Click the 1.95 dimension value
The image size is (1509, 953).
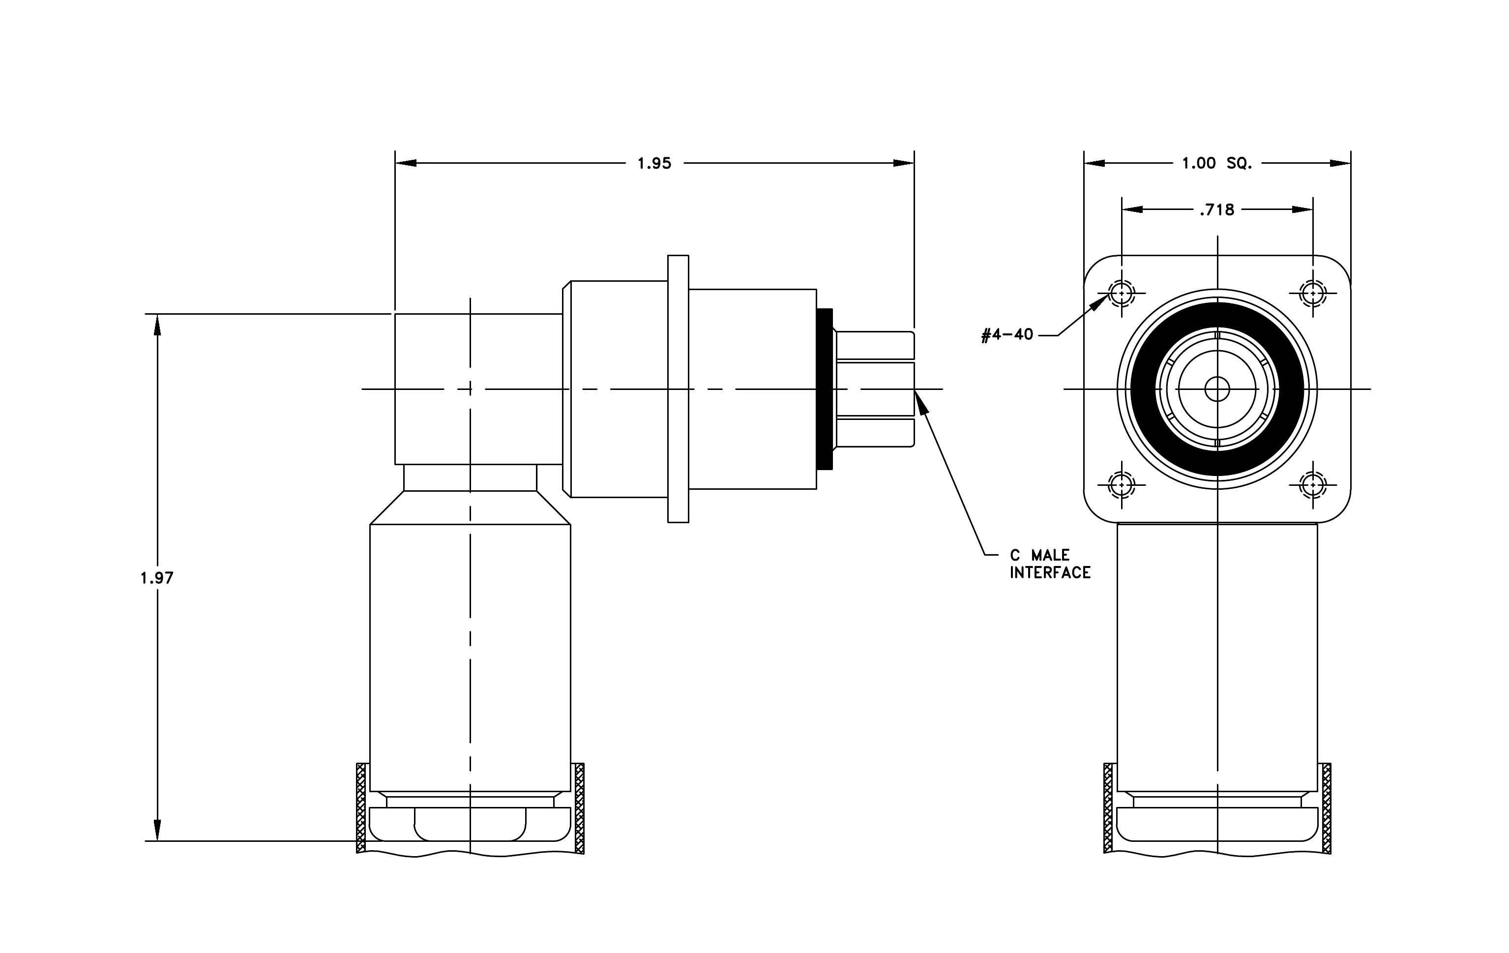(x=654, y=164)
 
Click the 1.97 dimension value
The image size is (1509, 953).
(x=157, y=578)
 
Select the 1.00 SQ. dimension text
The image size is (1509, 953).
(x=1217, y=164)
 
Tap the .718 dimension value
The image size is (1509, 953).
(x=1217, y=210)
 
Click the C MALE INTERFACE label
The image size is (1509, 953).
(x=1050, y=564)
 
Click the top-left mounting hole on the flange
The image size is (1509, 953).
(x=1121, y=293)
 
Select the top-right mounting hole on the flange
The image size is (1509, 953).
(x=1313, y=293)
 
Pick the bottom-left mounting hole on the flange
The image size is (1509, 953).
(x=1121, y=484)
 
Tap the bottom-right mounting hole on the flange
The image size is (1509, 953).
(x=1313, y=484)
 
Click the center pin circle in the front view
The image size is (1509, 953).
(x=1217, y=389)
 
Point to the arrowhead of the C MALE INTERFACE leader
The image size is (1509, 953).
(x=920, y=402)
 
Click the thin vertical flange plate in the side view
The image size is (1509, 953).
(x=678, y=388)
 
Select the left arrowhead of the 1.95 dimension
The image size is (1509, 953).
(x=406, y=164)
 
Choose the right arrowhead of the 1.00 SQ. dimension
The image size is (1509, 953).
(x=1340, y=164)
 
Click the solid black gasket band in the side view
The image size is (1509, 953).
(x=825, y=388)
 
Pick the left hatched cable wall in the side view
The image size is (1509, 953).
(x=361, y=808)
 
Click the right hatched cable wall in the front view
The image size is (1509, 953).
(x=1326, y=808)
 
